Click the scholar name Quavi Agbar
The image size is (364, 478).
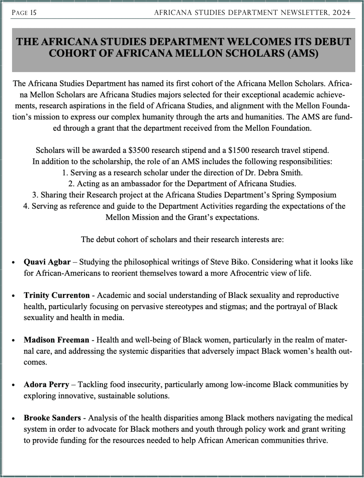(47, 262)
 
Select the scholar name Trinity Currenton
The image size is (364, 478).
(56, 296)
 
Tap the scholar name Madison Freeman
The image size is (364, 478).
(56, 340)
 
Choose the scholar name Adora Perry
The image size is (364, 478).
(46, 385)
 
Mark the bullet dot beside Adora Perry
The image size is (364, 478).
(13, 385)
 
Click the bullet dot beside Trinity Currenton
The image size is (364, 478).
(13, 296)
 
